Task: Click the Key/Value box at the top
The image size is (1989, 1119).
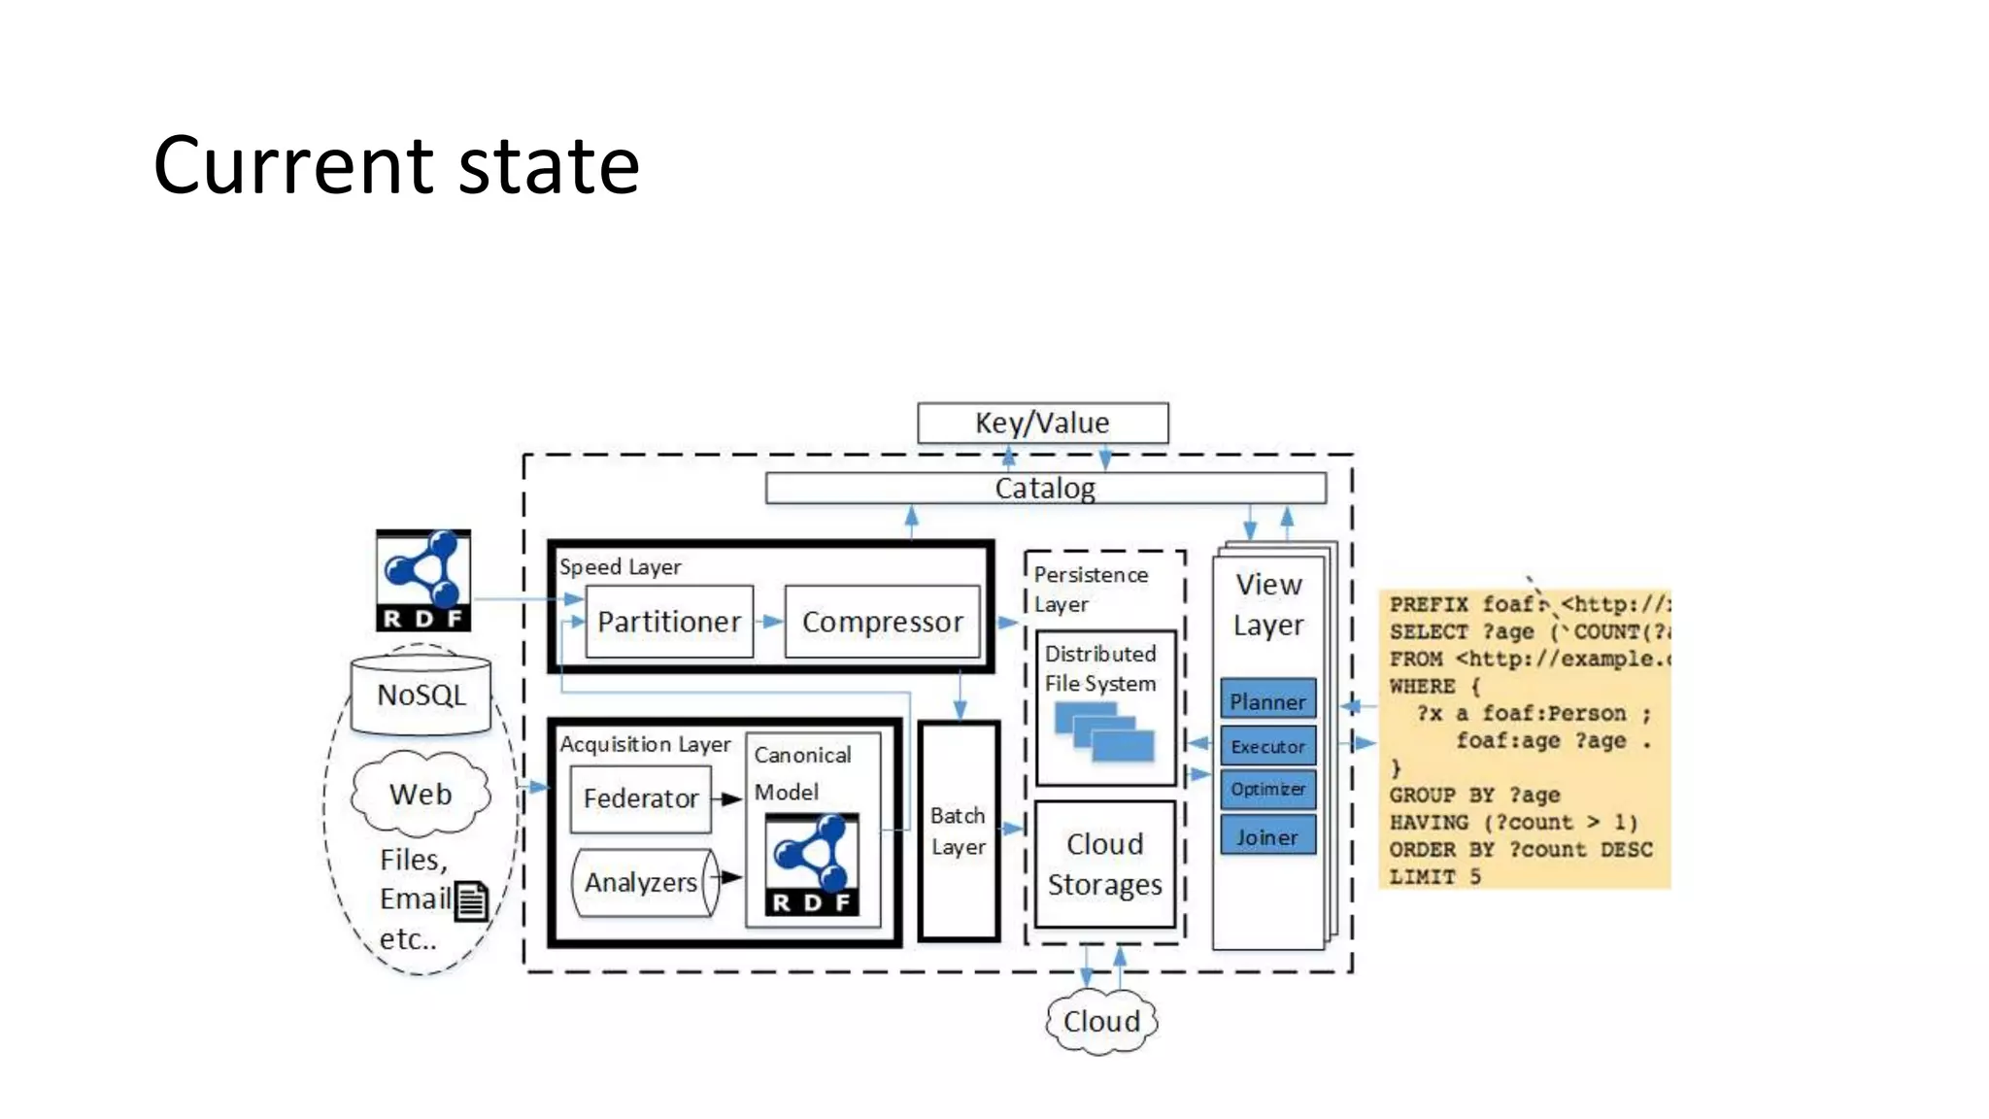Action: click(1042, 424)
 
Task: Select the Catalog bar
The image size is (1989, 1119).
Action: click(1045, 488)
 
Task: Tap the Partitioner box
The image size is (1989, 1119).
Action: click(669, 622)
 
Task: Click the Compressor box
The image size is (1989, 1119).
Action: click(882, 622)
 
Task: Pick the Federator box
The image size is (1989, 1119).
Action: click(640, 798)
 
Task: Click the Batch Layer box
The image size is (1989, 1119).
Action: click(959, 831)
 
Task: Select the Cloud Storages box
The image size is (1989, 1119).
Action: click(1105, 864)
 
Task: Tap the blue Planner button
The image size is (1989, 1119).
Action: click(1267, 700)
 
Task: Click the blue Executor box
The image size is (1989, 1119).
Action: click(1267, 746)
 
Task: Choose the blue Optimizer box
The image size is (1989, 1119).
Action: click(1267, 789)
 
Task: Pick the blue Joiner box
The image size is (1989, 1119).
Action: click(1267, 836)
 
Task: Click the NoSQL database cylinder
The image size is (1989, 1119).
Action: click(421, 695)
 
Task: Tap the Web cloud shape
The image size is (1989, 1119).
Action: click(421, 794)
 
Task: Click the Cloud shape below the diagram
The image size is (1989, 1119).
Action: click(1101, 1021)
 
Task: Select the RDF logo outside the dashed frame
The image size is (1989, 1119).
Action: click(423, 580)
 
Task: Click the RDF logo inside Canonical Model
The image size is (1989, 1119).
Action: click(812, 865)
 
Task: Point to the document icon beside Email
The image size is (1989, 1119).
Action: click(471, 901)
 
